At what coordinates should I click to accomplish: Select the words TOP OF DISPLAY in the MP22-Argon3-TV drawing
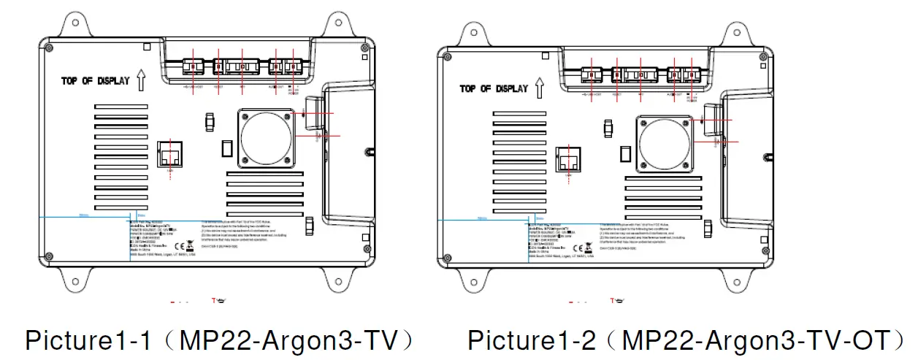(95, 81)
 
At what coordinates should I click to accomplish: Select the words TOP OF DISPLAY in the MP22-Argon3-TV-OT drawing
(494, 88)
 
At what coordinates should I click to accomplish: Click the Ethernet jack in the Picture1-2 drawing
(569, 159)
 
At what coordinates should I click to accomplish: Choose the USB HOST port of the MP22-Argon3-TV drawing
(194, 67)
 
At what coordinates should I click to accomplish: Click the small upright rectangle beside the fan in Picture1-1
(227, 149)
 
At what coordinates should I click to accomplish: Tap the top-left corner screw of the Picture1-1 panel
(49, 48)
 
